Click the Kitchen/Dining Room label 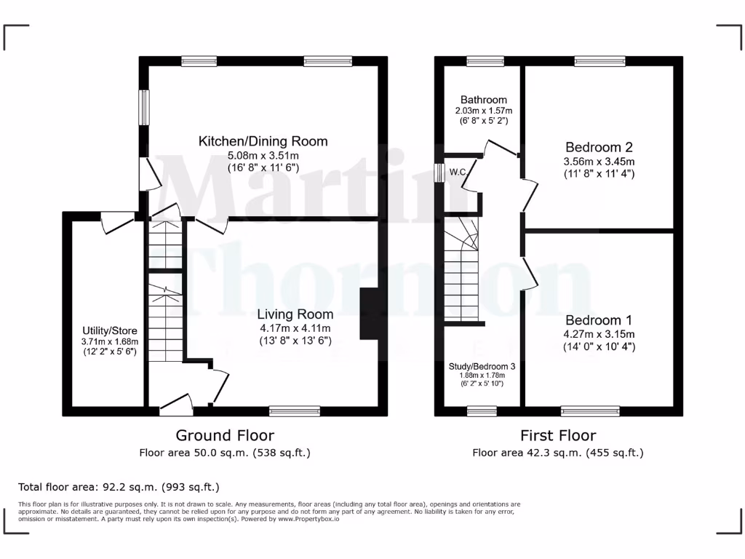click(263, 141)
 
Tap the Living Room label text click(295, 314)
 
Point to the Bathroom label click(484, 100)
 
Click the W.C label click(458, 173)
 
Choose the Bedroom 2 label click(596, 147)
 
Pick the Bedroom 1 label click(599, 320)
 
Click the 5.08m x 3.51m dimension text click(263, 156)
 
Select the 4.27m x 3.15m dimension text click(599, 334)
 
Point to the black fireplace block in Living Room click(369, 314)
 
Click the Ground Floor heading click(225, 435)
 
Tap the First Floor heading click(558, 435)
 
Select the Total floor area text click(119, 487)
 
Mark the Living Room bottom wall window click(295, 411)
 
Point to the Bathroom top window click(481, 62)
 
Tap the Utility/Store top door click(116, 221)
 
